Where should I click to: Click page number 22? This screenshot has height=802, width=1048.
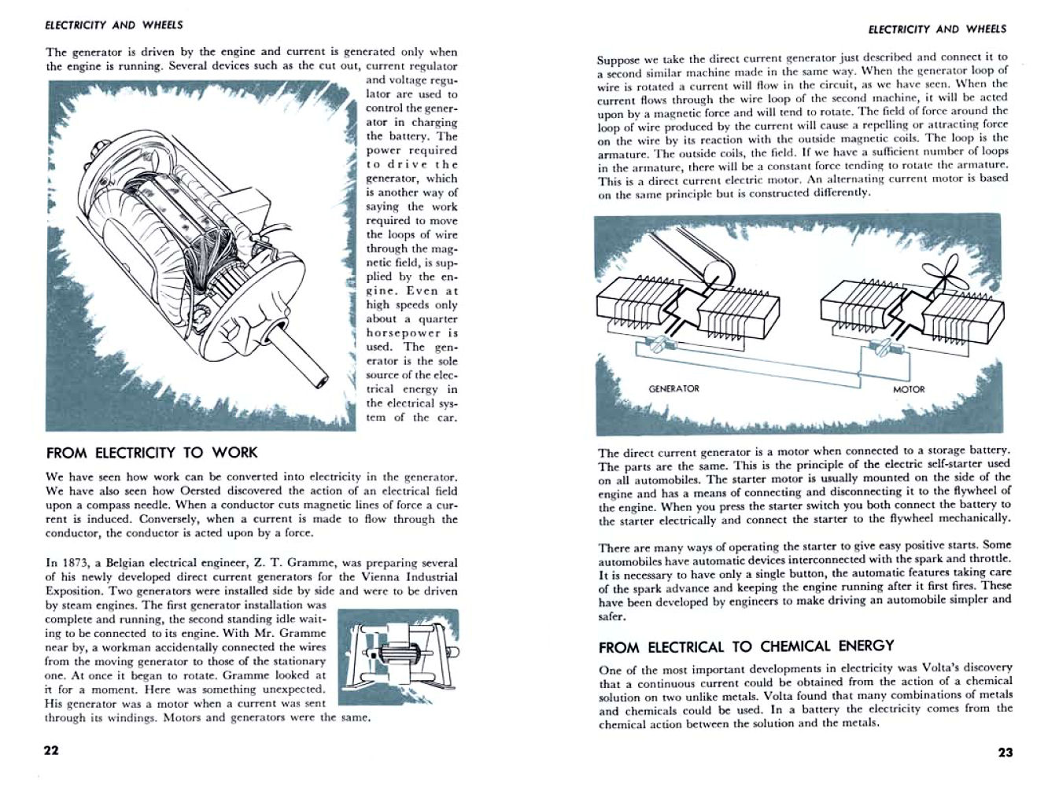[x=51, y=750]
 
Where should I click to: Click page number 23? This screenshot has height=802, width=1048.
[x=1006, y=752]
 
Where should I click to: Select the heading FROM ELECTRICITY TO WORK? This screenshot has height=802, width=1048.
[x=152, y=453]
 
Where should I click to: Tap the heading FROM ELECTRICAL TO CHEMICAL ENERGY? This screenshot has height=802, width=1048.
[x=746, y=647]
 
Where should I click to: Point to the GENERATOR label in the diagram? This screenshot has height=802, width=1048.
[x=673, y=388]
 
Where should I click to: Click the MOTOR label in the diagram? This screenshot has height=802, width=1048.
[x=909, y=389]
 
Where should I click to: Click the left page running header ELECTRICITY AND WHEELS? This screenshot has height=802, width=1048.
[x=114, y=25]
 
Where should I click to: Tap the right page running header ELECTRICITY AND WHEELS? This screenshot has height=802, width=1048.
[x=937, y=29]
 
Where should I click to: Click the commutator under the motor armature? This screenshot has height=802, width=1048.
[x=885, y=346]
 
